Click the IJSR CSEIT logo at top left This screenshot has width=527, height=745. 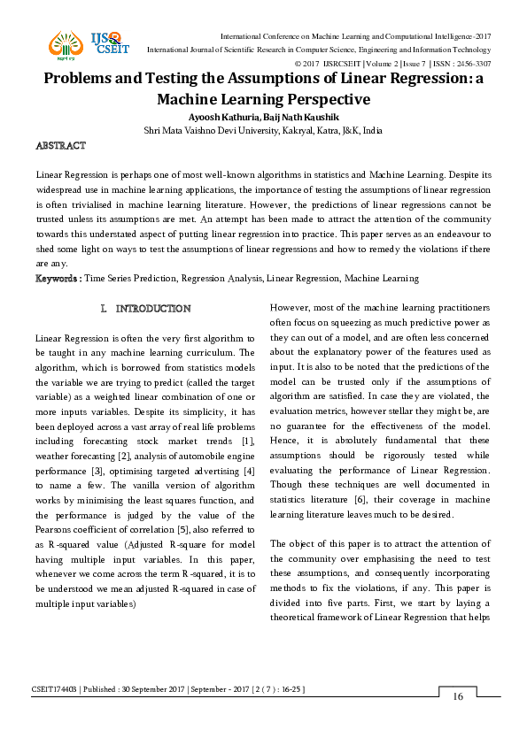(x=85, y=44)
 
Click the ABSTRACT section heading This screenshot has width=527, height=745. (x=60, y=145)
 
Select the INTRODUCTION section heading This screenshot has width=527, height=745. (x=146, y=309)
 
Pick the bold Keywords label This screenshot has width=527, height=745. (x=58, y=279)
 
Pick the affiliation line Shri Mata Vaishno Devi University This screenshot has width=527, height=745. (x=263, y=130)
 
